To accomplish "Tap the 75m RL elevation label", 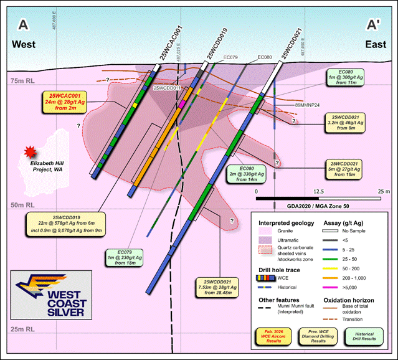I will pyautogui.click(x=23, y=82).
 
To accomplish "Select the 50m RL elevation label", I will pyautogui.click(x=23, y=205).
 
